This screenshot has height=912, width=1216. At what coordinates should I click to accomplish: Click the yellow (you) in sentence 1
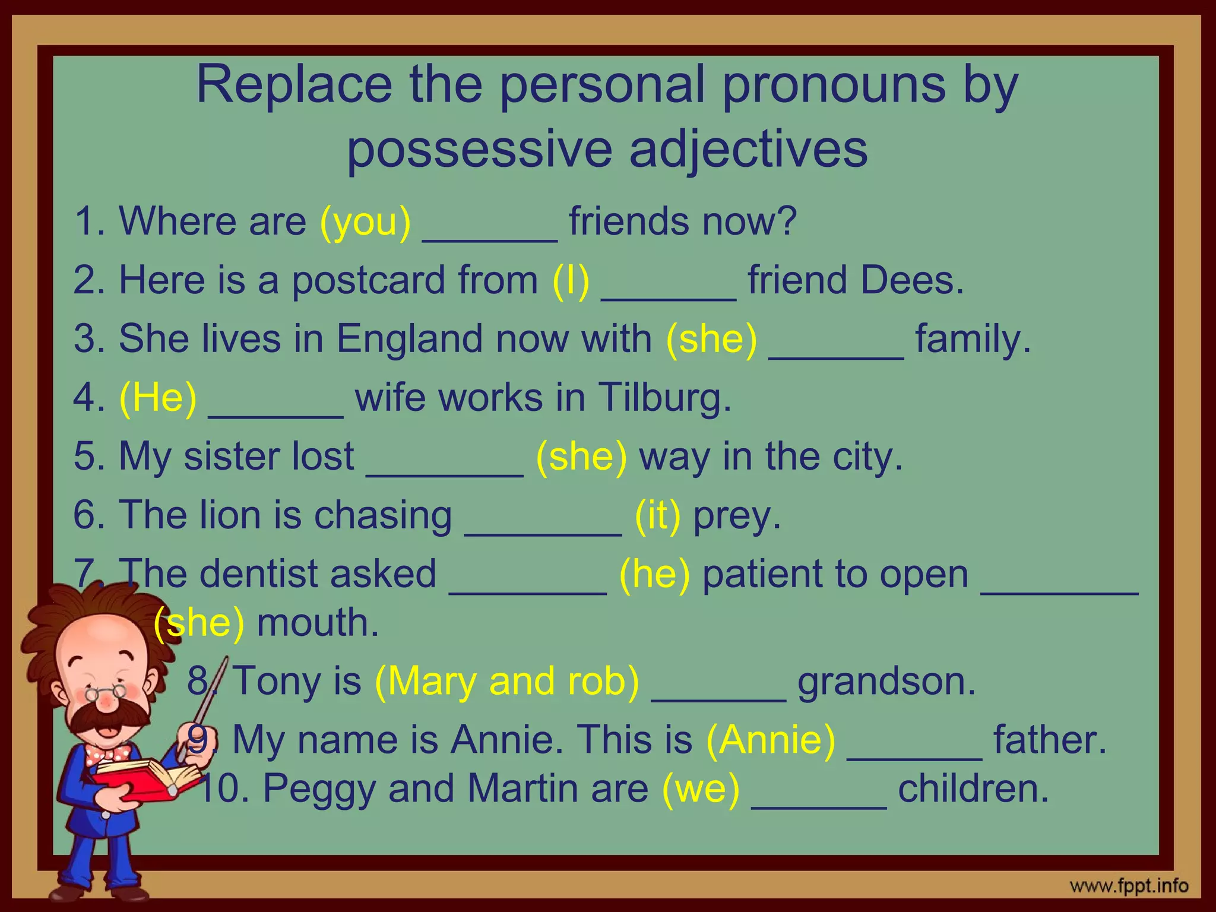click(365, 221)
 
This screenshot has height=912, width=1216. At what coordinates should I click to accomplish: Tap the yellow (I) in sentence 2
click(571, 280)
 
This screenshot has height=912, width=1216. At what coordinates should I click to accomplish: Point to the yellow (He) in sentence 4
click(158, 397)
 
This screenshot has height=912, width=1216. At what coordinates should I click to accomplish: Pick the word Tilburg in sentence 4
click(664, 397)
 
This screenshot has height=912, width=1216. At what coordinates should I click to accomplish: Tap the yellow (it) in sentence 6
click(657, 515)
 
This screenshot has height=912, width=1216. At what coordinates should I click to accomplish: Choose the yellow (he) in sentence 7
click(654, 574)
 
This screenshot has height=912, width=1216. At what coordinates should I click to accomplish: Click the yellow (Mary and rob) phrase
click(507, 680)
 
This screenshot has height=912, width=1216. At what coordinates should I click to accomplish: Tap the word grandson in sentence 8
click(886, 680)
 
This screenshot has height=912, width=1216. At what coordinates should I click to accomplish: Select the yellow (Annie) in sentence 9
click(771, 740)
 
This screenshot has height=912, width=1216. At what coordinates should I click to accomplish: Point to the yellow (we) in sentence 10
click(701, 788)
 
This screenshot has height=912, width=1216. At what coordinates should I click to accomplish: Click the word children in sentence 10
click(973, 788)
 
